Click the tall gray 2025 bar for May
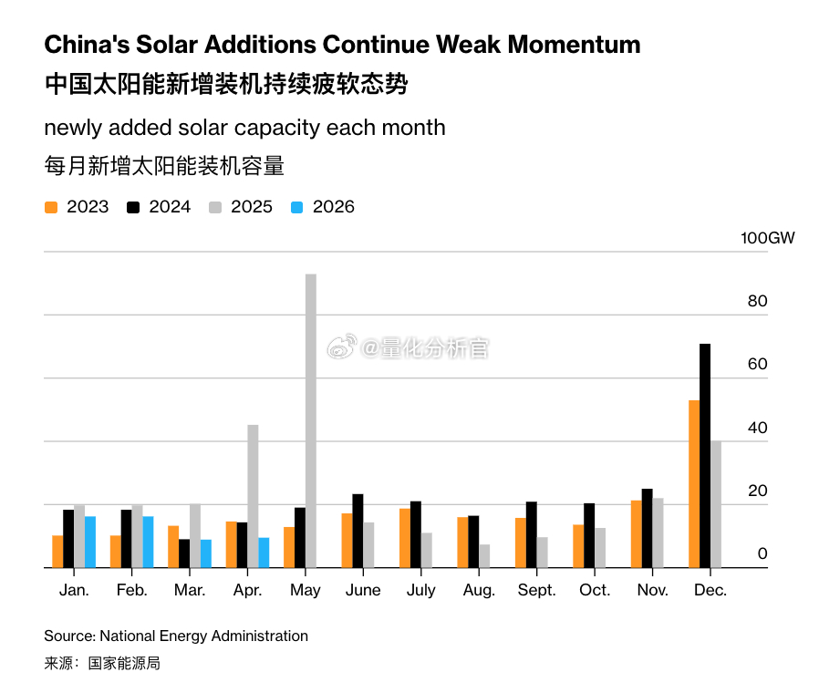click(x=311, y=421)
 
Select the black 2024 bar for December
click(x=705, y=456)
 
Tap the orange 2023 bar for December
click(x=694, y=484)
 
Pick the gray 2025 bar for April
click(x=253, y=496)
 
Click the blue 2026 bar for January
click(x=90, y=542)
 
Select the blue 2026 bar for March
click(x=206, y=553)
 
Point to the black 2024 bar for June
click(x=358, y=531)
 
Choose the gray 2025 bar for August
click(x=484, y=556)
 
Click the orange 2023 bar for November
click(x=637, y=534)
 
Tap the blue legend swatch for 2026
click(x=296, y=207)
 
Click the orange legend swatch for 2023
click(x=51, y=207)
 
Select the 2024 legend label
click(x=170, y=207)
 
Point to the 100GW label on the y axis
click(x=767, y=238)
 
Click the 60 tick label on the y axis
click(x=757, y=364)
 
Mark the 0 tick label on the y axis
click(x=762, y=553)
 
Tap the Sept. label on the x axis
click(x=536, y=590)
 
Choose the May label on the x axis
click(x=305, y=591)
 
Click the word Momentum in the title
click(x=574, y=45)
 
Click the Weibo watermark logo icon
click(x=342, y=346)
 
